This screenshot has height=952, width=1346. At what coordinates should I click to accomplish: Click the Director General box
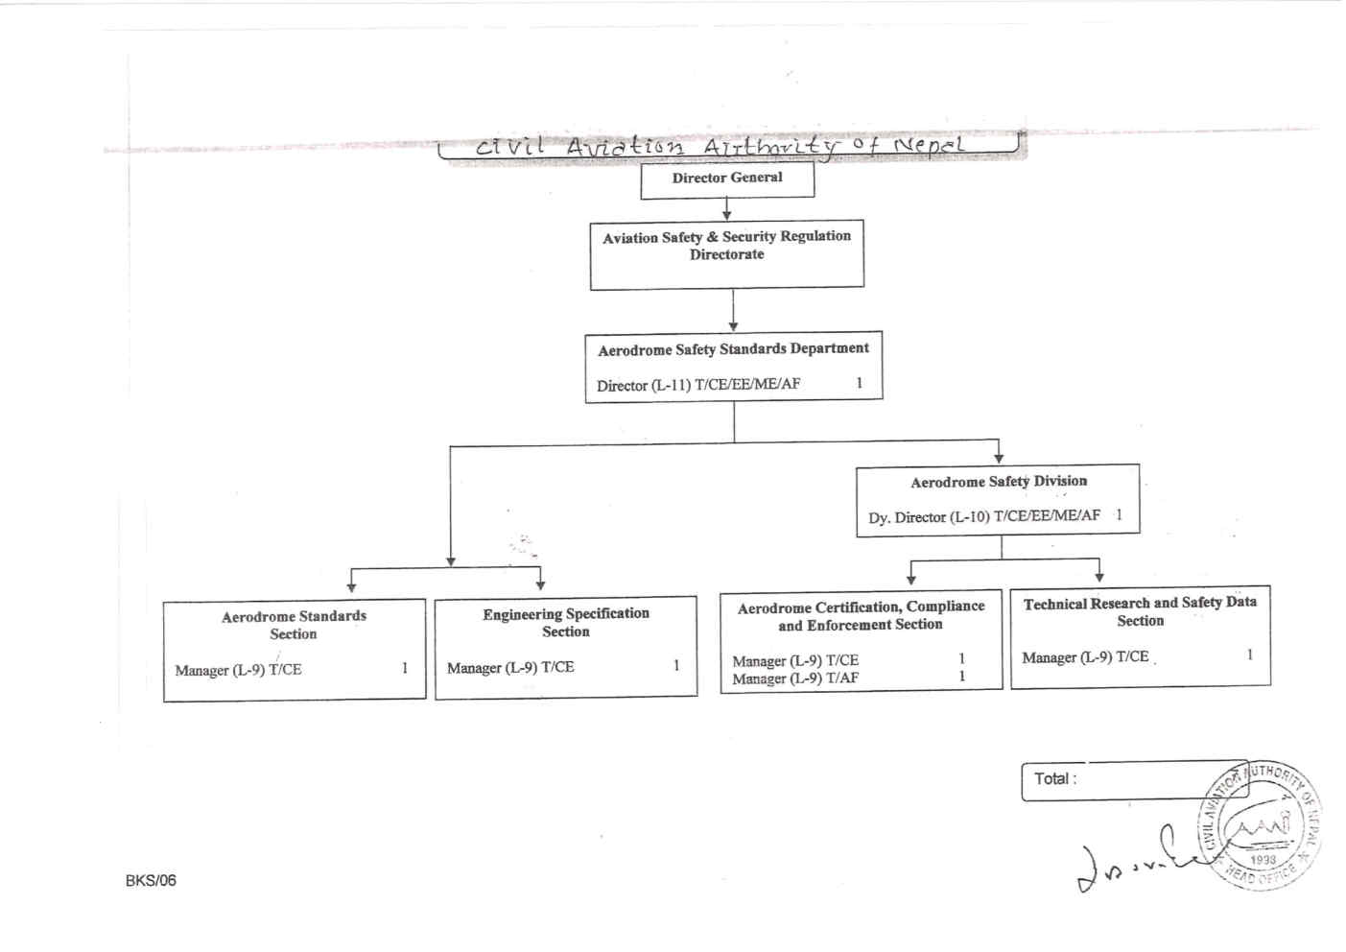coord(727,178)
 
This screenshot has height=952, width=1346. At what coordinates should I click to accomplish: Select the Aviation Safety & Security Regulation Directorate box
coord(726,253)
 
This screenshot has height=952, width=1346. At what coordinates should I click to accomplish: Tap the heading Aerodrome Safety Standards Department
coord(733,349)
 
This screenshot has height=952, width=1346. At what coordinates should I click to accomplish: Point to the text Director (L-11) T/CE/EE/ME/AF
coord(698,385)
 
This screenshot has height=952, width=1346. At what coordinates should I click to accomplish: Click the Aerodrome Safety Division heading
coord(999,482)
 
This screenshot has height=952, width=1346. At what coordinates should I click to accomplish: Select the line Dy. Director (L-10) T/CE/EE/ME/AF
coord(984,516)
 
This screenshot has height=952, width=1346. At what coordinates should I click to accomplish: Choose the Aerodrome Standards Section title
coord(294,625)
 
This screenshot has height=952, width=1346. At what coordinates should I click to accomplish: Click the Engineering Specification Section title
coord(566,622)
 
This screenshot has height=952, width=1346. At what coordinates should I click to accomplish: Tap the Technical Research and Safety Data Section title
coord(1140,611)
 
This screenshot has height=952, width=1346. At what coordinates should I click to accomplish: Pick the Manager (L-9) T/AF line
coord(795,678)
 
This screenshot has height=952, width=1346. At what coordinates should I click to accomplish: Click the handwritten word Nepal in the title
coord(928,146)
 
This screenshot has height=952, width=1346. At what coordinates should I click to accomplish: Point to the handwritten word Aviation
coord(625,146)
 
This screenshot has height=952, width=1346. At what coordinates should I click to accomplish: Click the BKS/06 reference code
coord(151,880)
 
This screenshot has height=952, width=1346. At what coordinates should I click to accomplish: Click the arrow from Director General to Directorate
coord(727,209)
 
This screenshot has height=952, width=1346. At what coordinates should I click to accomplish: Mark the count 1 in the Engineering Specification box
coord(676,665)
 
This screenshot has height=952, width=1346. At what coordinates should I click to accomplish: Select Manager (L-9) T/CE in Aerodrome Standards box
coord(238,670)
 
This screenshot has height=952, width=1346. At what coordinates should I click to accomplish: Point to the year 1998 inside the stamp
coord(1263,860)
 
